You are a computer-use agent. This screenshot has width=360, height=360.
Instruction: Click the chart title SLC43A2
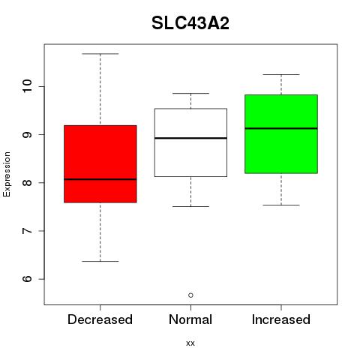[190, 23]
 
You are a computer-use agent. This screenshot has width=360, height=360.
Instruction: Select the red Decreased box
[100, 163]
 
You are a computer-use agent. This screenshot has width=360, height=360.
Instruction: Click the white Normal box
[190, 142]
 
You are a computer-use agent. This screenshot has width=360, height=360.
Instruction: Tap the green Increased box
[281, 134]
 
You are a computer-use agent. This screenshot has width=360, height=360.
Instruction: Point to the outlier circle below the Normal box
[190, 295]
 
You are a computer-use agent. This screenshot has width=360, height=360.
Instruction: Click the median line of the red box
[100, 179]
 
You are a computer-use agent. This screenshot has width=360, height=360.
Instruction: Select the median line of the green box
[281, 128]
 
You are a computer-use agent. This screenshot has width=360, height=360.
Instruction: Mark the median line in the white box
[190, 138]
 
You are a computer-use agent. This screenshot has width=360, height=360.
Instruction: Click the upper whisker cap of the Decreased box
[100, 54]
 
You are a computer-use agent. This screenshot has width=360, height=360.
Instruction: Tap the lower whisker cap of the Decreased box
[100, 261]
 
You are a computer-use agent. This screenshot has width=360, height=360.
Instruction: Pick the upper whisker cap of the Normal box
[190, 93]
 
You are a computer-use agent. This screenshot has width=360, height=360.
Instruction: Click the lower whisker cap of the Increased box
[281, 205]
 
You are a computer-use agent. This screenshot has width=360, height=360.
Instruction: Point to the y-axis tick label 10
[27, 86]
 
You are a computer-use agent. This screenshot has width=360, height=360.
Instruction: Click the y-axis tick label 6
[27, 279]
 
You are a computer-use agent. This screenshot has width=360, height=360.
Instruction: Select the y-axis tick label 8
[27, 182]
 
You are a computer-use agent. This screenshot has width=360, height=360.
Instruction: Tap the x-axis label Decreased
[100, 319]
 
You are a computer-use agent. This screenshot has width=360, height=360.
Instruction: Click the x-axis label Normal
[190, 319]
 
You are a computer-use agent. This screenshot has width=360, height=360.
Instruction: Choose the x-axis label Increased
[281, 319]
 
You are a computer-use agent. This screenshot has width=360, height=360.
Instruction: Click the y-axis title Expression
[7, 174]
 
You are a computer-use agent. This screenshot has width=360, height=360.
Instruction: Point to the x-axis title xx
[190, 343]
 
